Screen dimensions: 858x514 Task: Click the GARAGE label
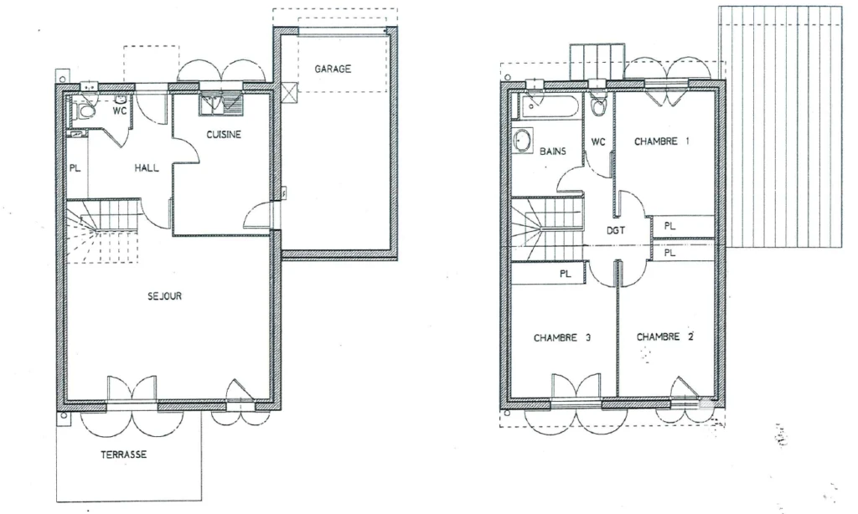click(333, 69)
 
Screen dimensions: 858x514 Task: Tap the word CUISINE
click(224, 135)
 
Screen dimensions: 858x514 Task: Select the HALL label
click(147, 168)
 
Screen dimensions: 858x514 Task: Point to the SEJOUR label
click(165, 296)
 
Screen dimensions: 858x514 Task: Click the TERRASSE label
click(124, 455)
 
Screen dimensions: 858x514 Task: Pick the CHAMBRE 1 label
click(662, 141)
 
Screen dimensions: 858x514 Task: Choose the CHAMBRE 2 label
click(664, 337)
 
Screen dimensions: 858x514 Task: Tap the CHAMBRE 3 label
click(562, 338)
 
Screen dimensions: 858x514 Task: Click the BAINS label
click(553, 152)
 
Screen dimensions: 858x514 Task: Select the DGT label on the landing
click(616, 231)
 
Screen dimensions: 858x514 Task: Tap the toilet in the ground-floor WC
click(85, 112)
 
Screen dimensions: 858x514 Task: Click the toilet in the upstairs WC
click(598, 105)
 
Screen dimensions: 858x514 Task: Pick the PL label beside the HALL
click(75, 168)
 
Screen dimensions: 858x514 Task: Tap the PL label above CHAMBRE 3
click(566, 274)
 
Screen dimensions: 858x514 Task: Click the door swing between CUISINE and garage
click(257, 215)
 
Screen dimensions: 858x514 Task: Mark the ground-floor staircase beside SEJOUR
click(103, 231)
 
